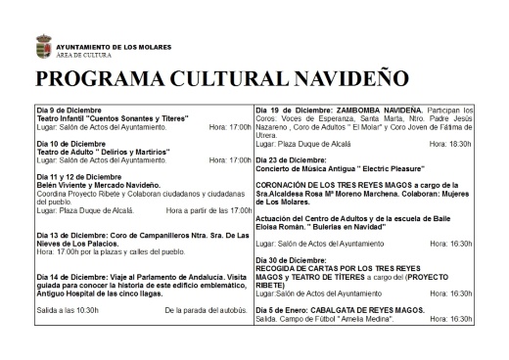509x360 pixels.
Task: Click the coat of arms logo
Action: (43, 47)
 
